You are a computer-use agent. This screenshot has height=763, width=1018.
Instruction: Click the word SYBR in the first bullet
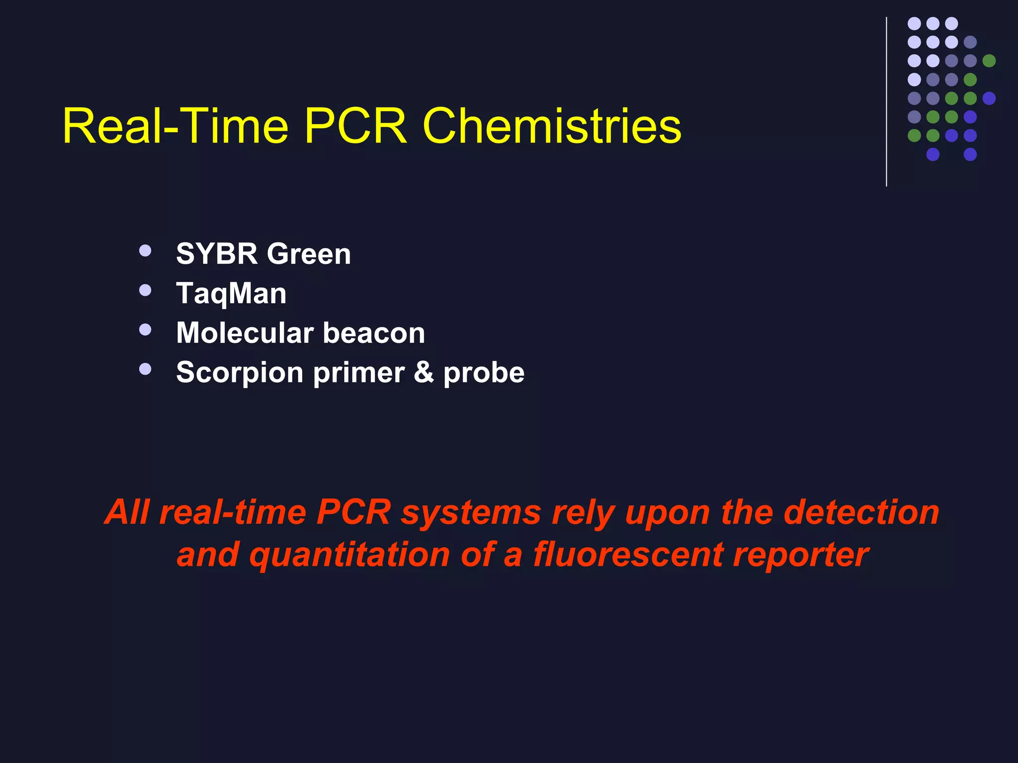217,254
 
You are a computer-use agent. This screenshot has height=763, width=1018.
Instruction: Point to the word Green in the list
309,254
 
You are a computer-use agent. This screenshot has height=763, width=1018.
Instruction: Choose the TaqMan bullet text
231,294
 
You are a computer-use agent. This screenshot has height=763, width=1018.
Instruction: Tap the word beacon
374,333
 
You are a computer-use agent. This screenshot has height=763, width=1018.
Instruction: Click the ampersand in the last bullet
424,373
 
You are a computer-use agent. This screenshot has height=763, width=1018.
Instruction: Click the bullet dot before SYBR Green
145,250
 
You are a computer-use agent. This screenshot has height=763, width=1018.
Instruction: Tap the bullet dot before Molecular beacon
145,329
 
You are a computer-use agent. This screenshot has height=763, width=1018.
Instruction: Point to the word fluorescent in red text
628,554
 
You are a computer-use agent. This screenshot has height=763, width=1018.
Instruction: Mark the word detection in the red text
861,512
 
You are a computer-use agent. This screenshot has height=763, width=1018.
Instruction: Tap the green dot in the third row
989,61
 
